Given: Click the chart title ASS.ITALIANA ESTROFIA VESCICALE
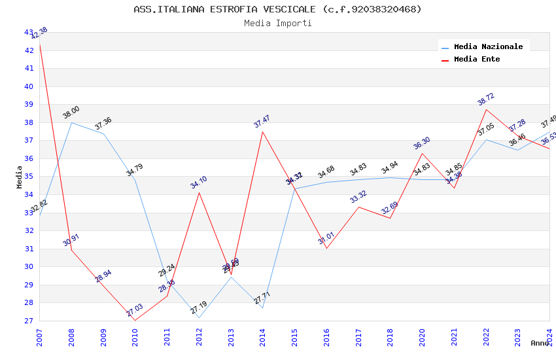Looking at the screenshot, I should pos(277,9).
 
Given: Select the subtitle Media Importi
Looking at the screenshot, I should pos(277,24).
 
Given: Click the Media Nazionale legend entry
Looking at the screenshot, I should pos(488,47).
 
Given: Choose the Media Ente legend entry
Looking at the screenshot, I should pos(477,60).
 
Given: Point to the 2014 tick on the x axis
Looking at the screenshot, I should pos(263,333).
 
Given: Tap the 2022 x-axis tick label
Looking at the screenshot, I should pos(486,333).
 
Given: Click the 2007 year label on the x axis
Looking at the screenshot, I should pos(40,333).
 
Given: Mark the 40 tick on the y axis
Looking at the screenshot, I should pos(29,86).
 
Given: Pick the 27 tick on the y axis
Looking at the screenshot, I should pos(29,321).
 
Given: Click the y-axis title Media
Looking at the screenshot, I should pos(20,177).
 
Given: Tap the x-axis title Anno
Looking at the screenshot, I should pos(540,343).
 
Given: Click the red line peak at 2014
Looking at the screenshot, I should pos(263,132).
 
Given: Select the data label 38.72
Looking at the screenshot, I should pos(486,99).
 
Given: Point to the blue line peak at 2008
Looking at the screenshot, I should pos(71,122).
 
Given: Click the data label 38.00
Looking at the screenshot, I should pos(71,113).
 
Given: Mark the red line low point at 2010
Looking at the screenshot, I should pos(135,320).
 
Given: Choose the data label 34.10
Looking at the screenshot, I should pos(199,183).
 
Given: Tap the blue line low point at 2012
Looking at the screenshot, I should pos(199,318).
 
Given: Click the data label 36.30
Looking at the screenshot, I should pos(422,143).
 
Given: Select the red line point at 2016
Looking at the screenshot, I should pos(326,248).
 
